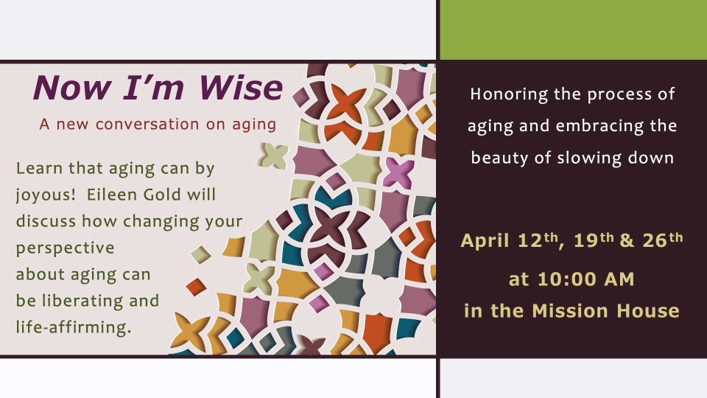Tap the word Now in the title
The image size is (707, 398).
click(72, 87)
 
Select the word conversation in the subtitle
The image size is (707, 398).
click(147, 124)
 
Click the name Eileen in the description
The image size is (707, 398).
click(112, 195)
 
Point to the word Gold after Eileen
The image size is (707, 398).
click(162, 195)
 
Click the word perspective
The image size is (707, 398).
click(66, 248)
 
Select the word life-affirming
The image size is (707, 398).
click(74, 327)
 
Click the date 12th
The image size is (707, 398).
click(540, 240)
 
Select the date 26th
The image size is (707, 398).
click(663, 240)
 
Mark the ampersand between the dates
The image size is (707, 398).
click(627, 240)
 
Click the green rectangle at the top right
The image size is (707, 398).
click(573, 29)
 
